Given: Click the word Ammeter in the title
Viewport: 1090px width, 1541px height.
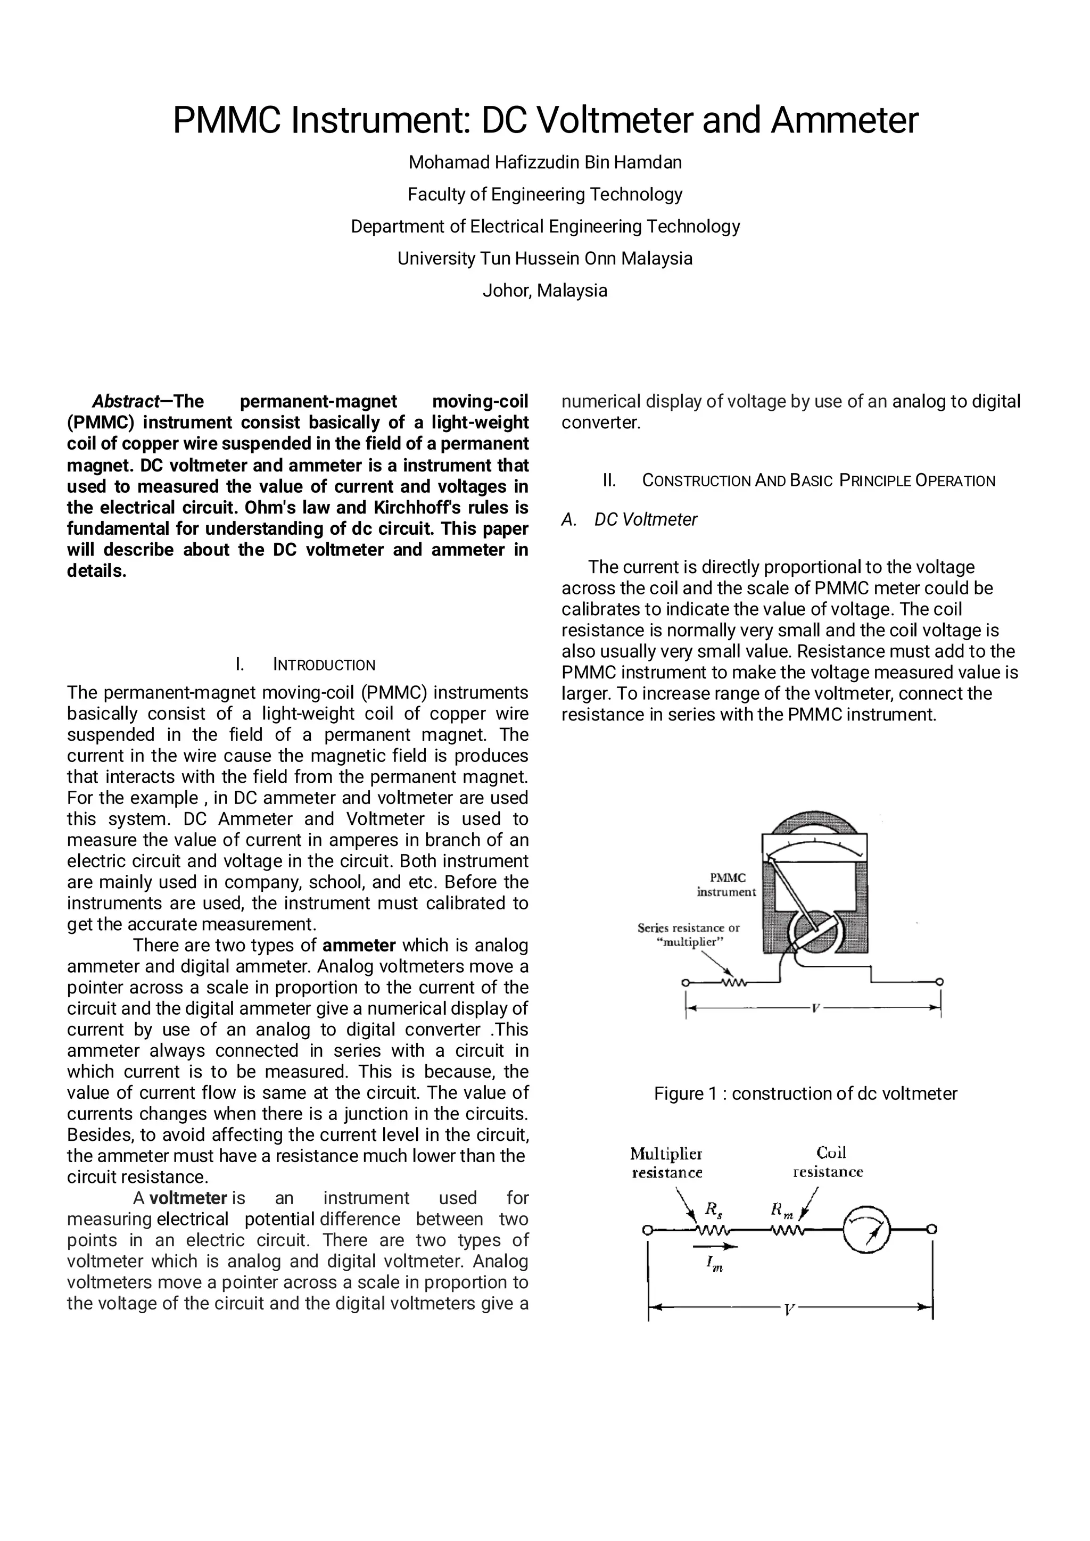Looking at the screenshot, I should pos(844,121).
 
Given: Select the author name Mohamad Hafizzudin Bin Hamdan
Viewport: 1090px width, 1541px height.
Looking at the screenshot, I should pos(545,162).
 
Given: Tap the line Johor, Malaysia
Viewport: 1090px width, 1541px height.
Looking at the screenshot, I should pos(545,291).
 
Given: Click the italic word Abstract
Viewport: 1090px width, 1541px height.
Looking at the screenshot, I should pos(125,401).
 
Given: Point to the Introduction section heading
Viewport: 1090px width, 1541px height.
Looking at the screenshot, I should pos(306,665).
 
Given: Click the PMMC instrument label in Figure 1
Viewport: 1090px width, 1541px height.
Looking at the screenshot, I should pos(726,884).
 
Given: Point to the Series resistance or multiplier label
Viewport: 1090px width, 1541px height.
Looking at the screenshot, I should pos(689,934).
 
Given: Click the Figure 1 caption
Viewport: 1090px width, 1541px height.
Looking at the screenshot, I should pos(805,1094).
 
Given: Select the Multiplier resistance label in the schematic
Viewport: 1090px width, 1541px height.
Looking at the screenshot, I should pos(666,1163).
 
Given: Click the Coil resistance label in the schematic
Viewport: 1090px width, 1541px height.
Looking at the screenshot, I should pos(828,1163).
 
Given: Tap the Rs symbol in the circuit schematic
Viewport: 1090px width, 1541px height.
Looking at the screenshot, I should pos(714,1210).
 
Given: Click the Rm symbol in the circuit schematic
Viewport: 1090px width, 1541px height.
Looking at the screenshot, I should pos(781,1210).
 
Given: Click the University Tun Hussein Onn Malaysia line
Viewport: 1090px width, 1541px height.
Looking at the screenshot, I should pos(545,259).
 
